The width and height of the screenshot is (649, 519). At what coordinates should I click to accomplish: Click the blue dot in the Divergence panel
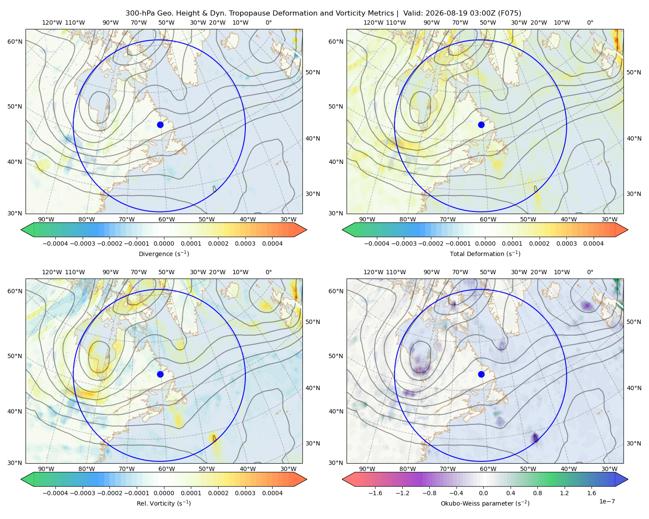tap(160, 125)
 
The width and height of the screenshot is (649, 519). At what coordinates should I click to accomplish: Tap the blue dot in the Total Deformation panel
tap(481, 125)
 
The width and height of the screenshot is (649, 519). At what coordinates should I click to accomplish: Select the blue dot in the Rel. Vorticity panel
tap(160, 374)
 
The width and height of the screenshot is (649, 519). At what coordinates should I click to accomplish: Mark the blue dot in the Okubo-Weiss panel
tap(481, 374)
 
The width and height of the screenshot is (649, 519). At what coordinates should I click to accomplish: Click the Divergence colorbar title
tap(164, 254)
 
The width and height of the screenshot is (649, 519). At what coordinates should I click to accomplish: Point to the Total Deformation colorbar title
tap(485, 254)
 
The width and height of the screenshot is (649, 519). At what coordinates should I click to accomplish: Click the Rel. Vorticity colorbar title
tap(164, 503)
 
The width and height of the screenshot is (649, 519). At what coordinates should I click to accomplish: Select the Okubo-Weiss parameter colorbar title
tap(485, 503)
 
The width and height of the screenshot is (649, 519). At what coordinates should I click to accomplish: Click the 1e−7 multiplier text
tap(607, 501)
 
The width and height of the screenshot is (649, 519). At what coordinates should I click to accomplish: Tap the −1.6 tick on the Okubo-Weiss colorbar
tap(375, 493)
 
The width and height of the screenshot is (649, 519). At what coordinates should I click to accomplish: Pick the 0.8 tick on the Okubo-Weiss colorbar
tap(537, 493)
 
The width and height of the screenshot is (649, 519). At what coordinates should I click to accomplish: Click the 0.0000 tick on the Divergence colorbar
tap(164, 243)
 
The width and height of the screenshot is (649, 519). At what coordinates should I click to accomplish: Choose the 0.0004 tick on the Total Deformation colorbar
tap(593, 243)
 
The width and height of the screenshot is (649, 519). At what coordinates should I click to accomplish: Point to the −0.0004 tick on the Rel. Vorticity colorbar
tap(55, 493)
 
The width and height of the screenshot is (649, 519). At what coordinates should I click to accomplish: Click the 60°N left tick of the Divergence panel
tap(15, 42)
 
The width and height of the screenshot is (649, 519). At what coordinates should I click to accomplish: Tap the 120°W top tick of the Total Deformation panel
tap(373, 22)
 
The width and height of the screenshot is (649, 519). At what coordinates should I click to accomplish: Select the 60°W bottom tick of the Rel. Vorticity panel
tap(167, 469)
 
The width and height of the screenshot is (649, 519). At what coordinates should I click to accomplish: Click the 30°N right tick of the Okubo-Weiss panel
tap(633, 443)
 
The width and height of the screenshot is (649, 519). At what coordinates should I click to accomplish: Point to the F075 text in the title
tap(509, 13)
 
